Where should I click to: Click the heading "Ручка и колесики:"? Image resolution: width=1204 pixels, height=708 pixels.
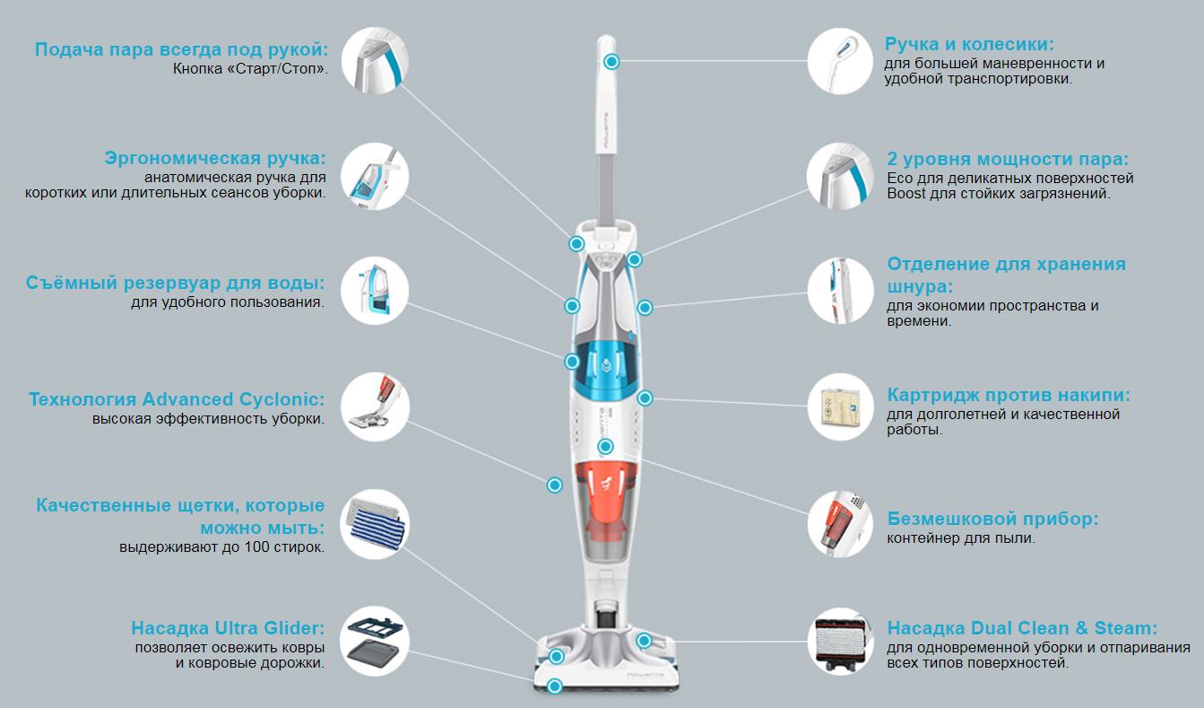969,44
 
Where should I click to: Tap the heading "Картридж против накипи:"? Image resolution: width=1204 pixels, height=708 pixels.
1009,395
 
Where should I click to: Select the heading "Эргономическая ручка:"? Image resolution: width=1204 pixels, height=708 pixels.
215,158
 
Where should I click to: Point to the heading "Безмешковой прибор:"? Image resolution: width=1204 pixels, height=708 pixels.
992,519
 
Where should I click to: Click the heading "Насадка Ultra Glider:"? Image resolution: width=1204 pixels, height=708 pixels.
228,628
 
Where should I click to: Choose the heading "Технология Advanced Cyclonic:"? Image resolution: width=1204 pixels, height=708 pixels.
177,399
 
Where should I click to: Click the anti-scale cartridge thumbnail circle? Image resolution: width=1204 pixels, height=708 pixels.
840,406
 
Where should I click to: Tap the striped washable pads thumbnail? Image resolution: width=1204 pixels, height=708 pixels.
375,523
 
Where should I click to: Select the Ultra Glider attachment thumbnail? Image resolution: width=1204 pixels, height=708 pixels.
375,641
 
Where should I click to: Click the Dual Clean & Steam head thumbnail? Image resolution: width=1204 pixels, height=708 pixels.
840,642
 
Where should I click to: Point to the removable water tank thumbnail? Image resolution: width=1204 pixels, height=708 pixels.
375,291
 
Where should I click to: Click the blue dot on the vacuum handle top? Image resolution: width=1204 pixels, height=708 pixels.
611,62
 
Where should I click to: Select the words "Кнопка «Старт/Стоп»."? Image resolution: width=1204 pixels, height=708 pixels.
250,69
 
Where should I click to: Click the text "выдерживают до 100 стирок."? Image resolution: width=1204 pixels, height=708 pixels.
222,547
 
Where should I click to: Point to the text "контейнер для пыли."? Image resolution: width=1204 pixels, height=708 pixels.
961,538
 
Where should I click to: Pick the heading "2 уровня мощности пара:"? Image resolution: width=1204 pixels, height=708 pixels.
1008,159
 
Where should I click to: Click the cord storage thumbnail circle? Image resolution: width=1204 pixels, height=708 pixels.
840,291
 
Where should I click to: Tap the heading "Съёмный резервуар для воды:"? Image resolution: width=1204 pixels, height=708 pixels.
175,283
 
